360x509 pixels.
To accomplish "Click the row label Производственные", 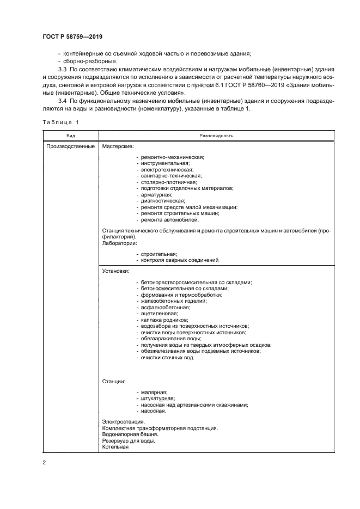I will (71, 146).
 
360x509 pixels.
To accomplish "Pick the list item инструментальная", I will (164, 163).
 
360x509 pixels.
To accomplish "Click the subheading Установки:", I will (116, 270).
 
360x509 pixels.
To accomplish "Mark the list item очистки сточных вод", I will (167, 358).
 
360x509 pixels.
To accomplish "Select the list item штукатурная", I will (158, 398).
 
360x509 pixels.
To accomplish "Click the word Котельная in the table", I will (115, 447).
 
